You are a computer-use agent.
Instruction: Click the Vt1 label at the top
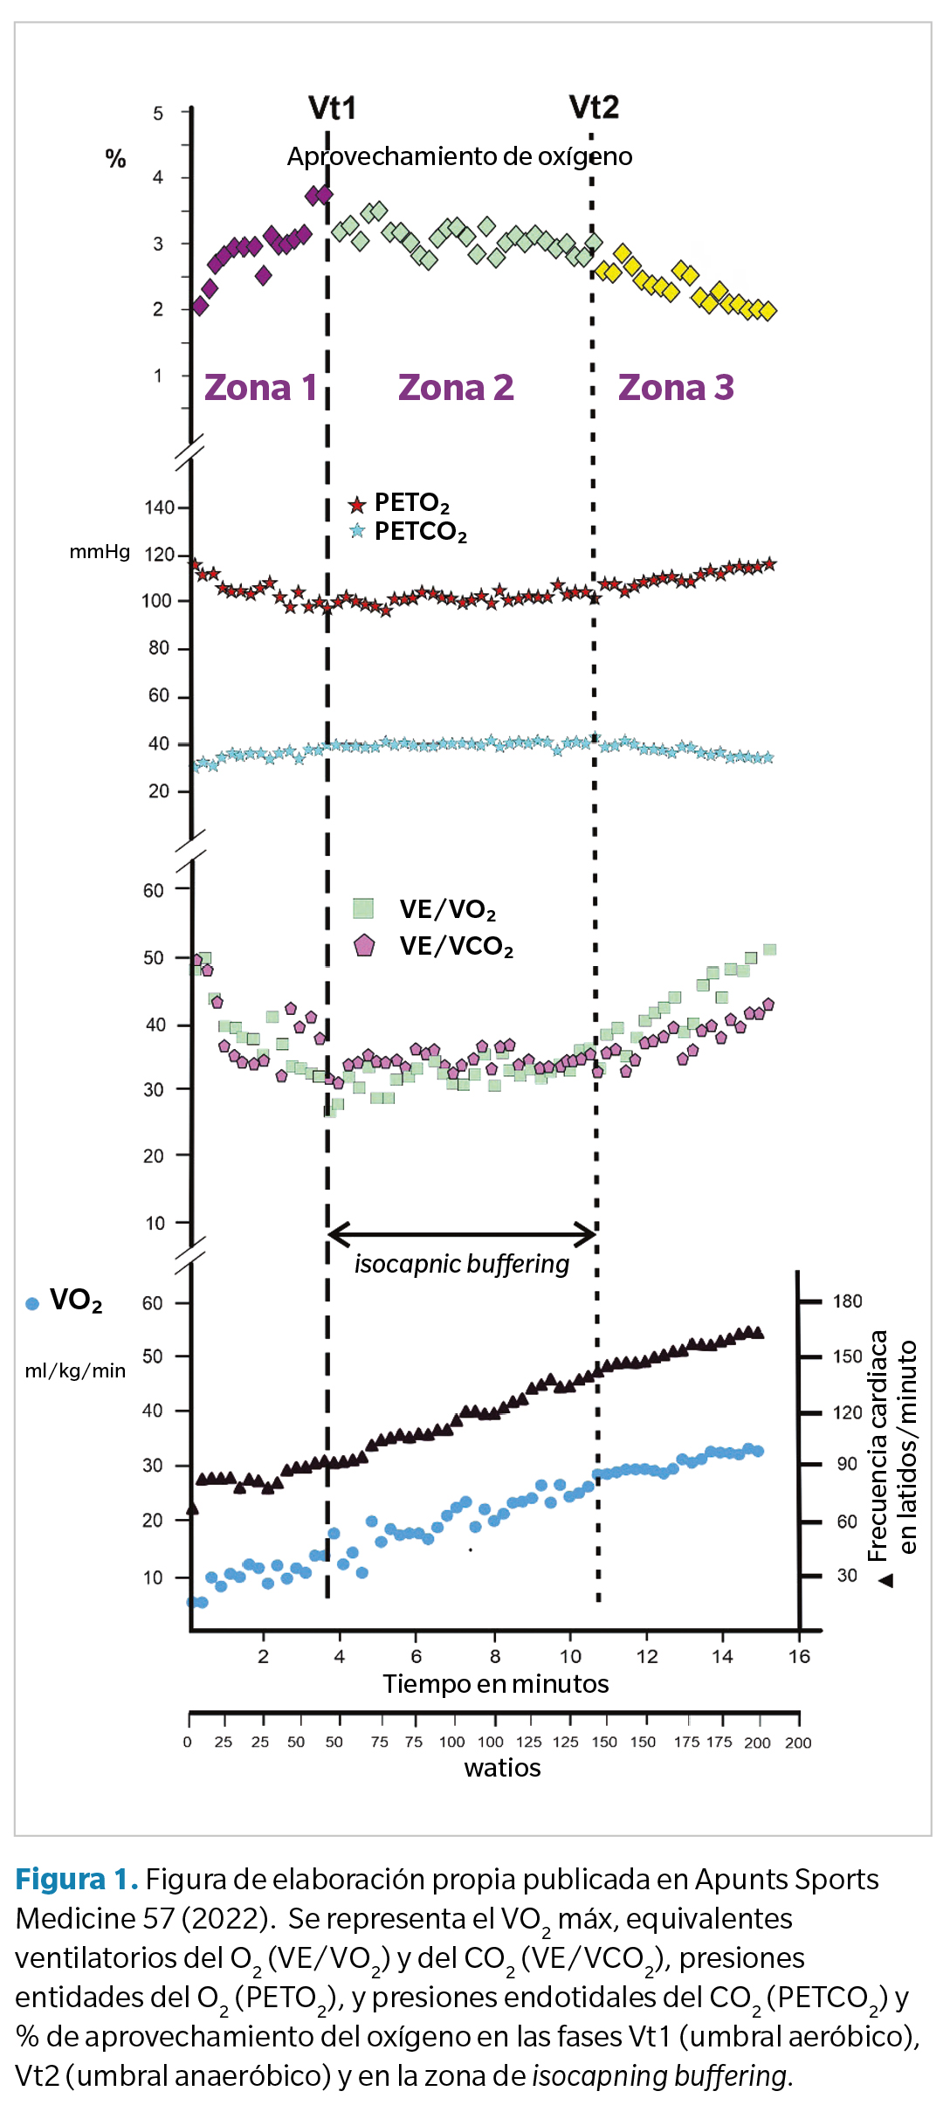click(333, 108)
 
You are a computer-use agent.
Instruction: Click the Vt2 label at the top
click(594, 107)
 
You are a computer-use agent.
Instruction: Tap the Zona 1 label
click(260, 388)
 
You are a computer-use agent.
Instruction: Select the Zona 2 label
click(456, 388)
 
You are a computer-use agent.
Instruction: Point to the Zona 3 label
click(676, 388)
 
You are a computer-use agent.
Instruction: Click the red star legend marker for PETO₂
click(357, 505)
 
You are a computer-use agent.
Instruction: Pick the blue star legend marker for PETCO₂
click(357, 531)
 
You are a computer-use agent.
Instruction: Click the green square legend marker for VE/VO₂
click(363, 908)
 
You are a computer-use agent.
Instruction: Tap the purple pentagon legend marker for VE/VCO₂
click(364, 945)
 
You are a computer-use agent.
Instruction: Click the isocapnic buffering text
click(461, 1264)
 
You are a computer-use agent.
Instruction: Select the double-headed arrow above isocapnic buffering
click(462, 1234)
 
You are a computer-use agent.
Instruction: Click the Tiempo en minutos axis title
click(495, 1684)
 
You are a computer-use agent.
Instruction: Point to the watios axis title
click(502, 1768)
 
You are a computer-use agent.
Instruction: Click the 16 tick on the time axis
click(799, 1657)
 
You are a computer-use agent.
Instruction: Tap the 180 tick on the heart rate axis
click(847, 1301)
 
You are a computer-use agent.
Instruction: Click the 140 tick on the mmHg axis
click(159, 507)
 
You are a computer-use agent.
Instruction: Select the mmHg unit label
click(100, 552)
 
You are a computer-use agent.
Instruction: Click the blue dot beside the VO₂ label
click(32, 1304)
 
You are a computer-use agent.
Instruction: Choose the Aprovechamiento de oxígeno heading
click(459, 156)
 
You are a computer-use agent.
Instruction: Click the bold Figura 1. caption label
click(77, 1879)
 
